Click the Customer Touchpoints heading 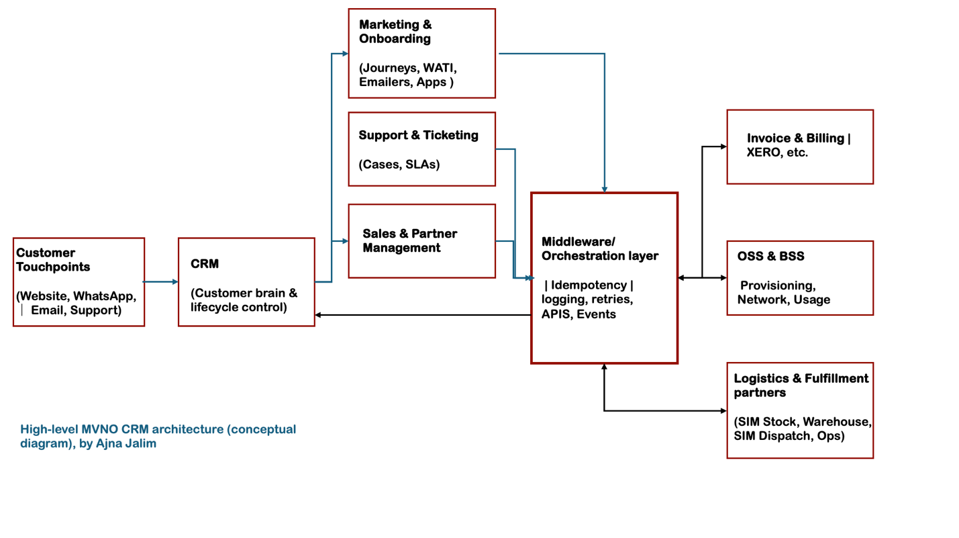coord(54,260)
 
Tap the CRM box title coord(205,264)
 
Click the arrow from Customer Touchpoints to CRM coord(161,282)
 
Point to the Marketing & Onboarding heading coord(395,32)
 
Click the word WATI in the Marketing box coord(440,69)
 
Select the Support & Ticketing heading coord(418,135)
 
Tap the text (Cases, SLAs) coord(399,164)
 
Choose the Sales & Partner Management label coord(409,240)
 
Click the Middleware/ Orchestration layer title coord(599,249)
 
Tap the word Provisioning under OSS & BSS coord(778,285)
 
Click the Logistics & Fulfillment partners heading coord(801,385)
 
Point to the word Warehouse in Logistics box coord(837,422)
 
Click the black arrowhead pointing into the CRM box coord(319,315)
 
